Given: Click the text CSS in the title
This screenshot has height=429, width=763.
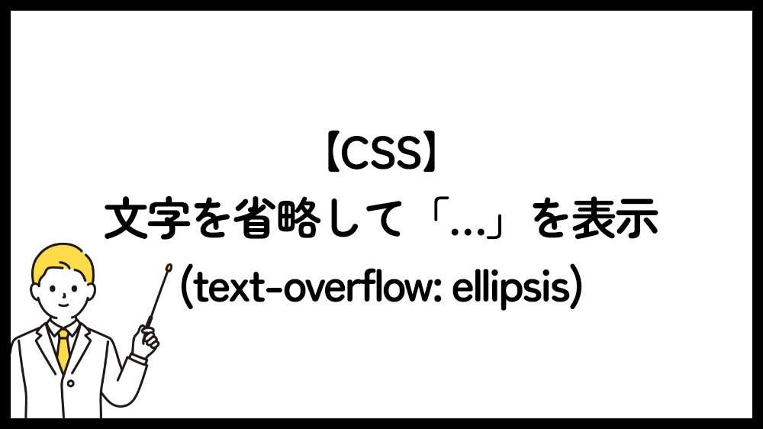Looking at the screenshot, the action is click(x=381, y=153).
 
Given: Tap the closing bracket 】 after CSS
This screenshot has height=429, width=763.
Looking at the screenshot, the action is click(x=430, y=153).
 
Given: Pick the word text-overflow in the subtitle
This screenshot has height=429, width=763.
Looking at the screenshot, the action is click(x=316, y=288).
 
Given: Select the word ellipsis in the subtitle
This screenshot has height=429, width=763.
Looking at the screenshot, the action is click(x=510, y=288).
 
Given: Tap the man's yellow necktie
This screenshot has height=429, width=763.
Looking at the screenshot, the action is click(x=63, y=350).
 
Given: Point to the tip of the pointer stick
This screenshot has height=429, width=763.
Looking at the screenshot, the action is click(x=169, y=267).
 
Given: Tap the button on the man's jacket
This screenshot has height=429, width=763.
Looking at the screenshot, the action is click(x=70, y=384).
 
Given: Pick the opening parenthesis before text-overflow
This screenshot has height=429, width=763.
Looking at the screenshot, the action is click(x=186, y=288).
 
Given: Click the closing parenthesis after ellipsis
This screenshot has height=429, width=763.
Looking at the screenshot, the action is click(x=575, y=288).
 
